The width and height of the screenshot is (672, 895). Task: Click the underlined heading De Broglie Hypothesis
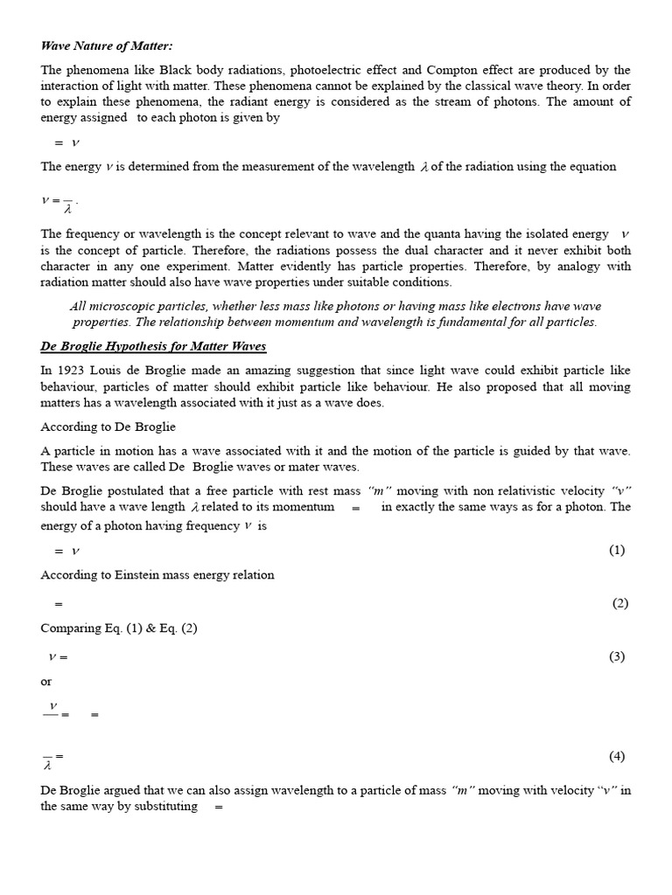click(153, 348)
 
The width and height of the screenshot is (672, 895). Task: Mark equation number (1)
click(617, 550)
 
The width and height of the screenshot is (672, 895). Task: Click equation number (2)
click(620, 603)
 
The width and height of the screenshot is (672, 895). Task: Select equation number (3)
click(617, 657)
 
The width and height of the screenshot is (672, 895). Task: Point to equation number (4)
click(617, 756)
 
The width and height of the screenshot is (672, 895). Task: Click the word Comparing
click(72, 629)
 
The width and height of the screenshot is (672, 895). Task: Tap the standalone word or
click(46, 682)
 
